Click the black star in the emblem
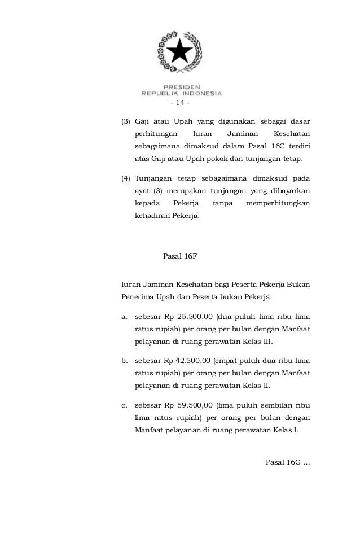[181, 52]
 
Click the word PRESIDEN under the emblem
[181, 86]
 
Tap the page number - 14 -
[180, 103]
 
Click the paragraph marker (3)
[126, 121]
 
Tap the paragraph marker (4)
[126, 179]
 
